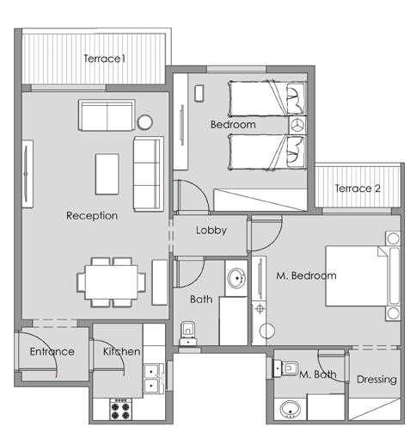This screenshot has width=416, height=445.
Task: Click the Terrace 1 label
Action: click(105, 59)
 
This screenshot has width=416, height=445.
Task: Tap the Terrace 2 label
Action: click(358, 189)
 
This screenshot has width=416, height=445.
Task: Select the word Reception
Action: click(92, 215)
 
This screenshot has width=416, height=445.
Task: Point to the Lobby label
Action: click(211, 231)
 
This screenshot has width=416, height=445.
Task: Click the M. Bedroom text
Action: click(305, 275)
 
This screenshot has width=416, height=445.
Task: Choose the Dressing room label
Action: click(376, 379)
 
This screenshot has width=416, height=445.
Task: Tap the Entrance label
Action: click(52, 351)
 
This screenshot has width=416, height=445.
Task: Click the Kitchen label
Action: click(121, 351)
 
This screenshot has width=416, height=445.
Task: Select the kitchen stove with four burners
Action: click(121, 411)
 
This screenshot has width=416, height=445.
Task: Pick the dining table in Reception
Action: click(111, 281)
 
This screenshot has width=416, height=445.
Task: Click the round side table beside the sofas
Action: click(145, 122)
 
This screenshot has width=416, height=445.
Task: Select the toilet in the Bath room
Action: click(187, 331)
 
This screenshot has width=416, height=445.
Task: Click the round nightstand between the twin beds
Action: click(298, 126)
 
